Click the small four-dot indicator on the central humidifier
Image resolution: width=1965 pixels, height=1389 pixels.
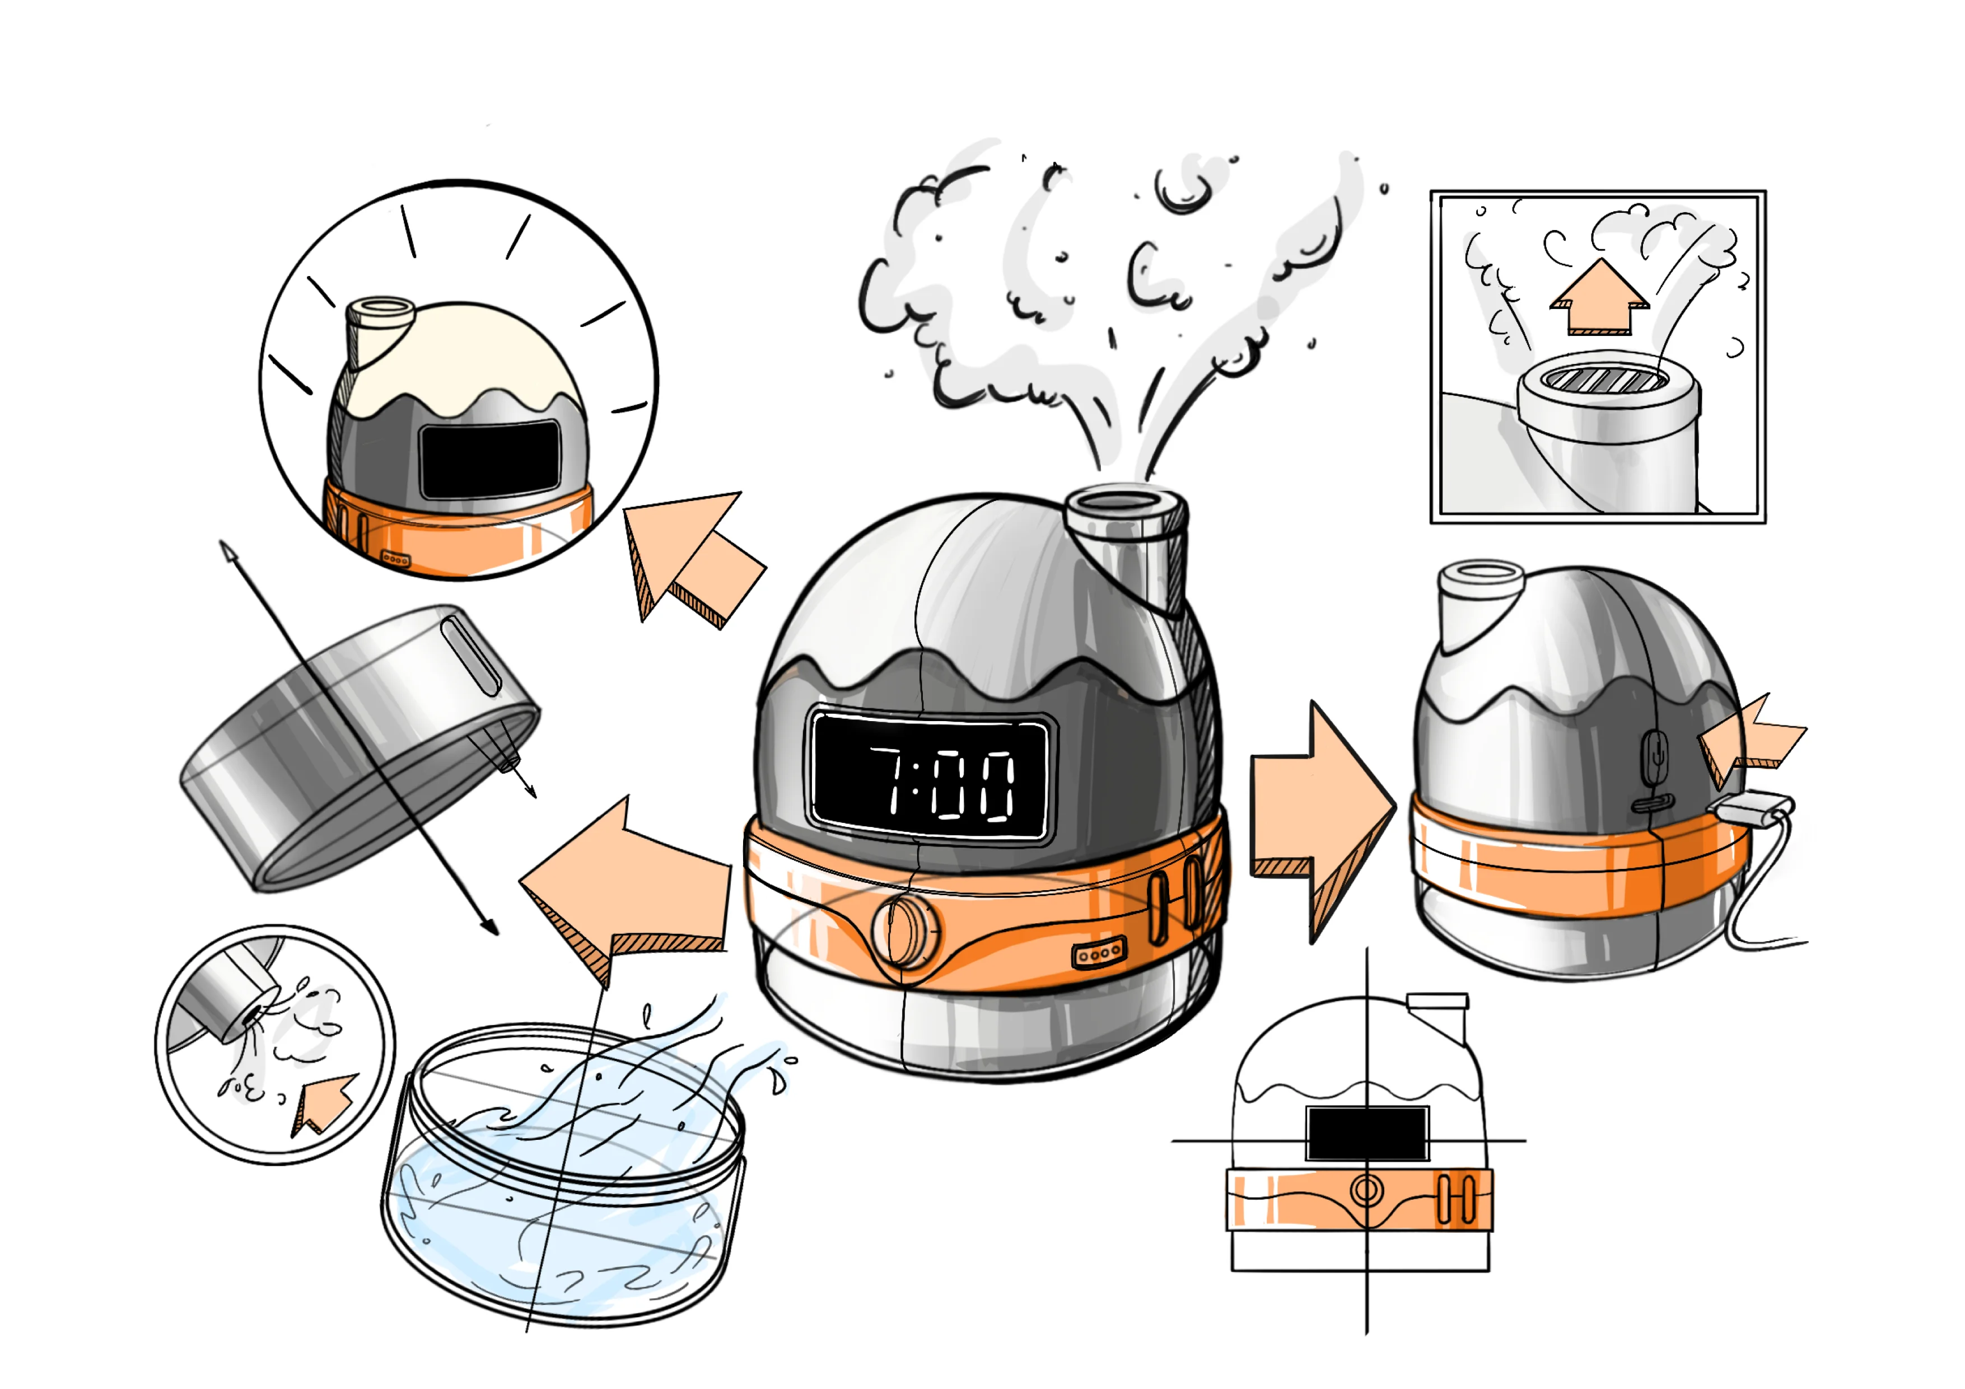point(1099,952)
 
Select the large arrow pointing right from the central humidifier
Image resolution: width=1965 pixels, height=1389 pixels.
point(1322,820)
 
